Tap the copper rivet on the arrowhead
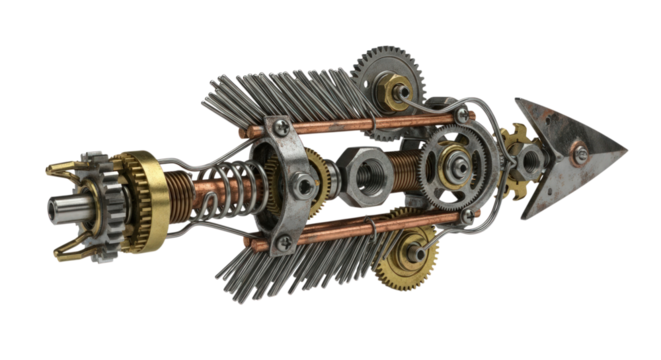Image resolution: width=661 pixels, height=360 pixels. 578,152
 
